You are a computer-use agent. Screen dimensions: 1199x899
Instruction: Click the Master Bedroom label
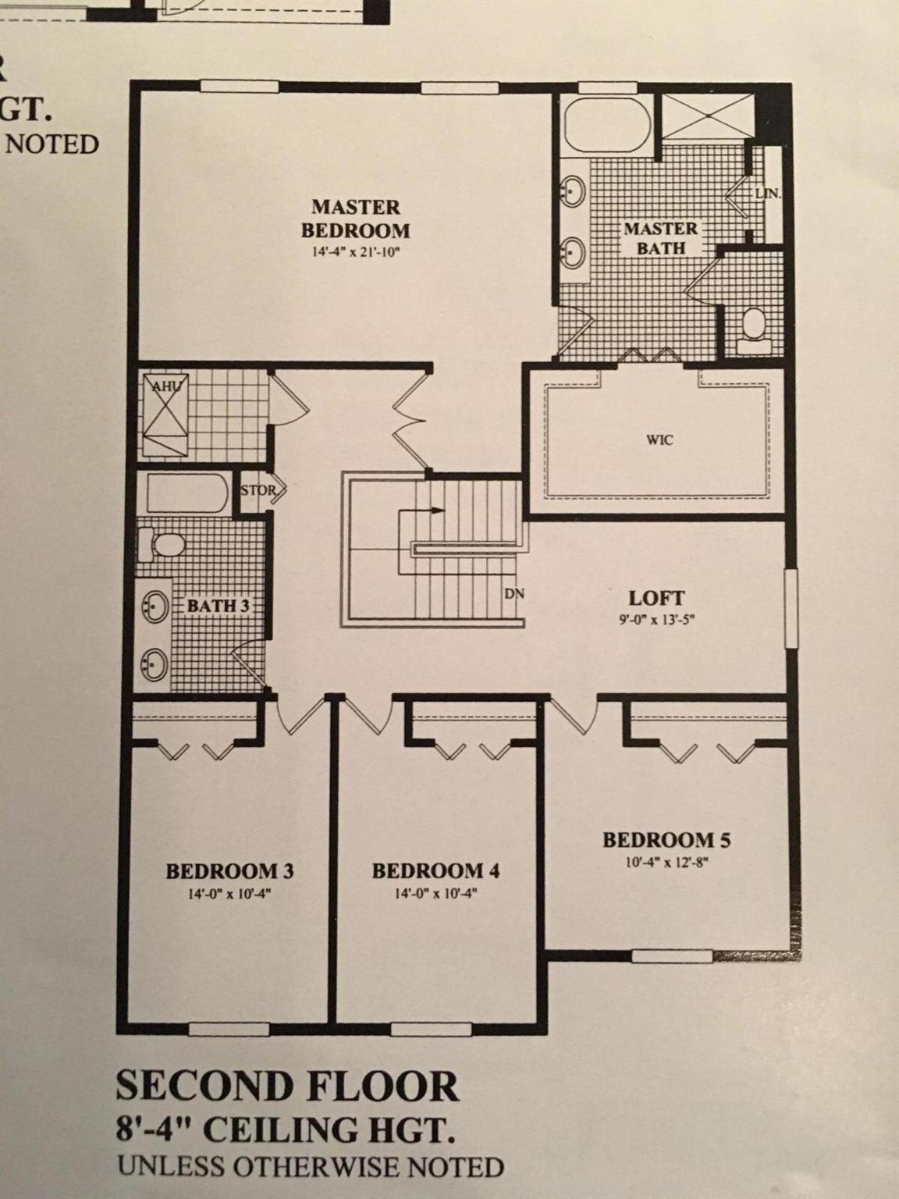(x=356, y=219)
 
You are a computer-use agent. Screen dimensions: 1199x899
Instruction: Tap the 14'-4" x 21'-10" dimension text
(x=356, y=251)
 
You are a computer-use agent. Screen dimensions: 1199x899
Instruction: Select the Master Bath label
(x=660, y=238)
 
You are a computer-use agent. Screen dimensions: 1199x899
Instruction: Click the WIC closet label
(x=660, y=439)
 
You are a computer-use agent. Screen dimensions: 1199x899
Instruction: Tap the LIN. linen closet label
(x=767, y=193)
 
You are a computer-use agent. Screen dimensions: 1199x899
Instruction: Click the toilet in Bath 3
(x=162, y=543)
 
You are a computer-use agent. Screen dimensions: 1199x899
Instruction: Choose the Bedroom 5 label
(x=666, y=840)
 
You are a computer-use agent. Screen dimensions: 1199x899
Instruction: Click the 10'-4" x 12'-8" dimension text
(x=666, y=863)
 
